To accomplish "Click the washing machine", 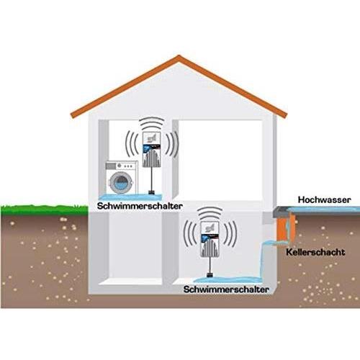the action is pyautogui.click(x=122, y=178).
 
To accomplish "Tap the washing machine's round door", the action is pyautogui.click(x=121, y=182).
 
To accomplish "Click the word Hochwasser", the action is pyautogui.click(x=324, y=199).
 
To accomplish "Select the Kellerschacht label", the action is pyautogui.click(x=315, y=252).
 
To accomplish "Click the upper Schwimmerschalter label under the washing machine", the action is pyautogui.click(x=140, y=206).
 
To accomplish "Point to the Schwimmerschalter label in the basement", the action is pyautogui.click(x=226, y=289).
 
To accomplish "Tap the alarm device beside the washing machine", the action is pyautogui.click(x=151, y=149).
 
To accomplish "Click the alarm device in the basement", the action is pyautogui.click(x=210, y=240).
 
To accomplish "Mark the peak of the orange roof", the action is pyautogui.click(x=179, y=57).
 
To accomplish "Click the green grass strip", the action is pyautogui.click(x=45, y=210).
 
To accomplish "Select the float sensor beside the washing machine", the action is pyautogui.click(x=151, y=192).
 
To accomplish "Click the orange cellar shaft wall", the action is pyautogui.click(x=282, y=228).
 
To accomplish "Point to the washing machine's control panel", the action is pyautogui.click(x=122, y=166).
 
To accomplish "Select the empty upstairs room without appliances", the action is pyautogui.click(x=220, y=160).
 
